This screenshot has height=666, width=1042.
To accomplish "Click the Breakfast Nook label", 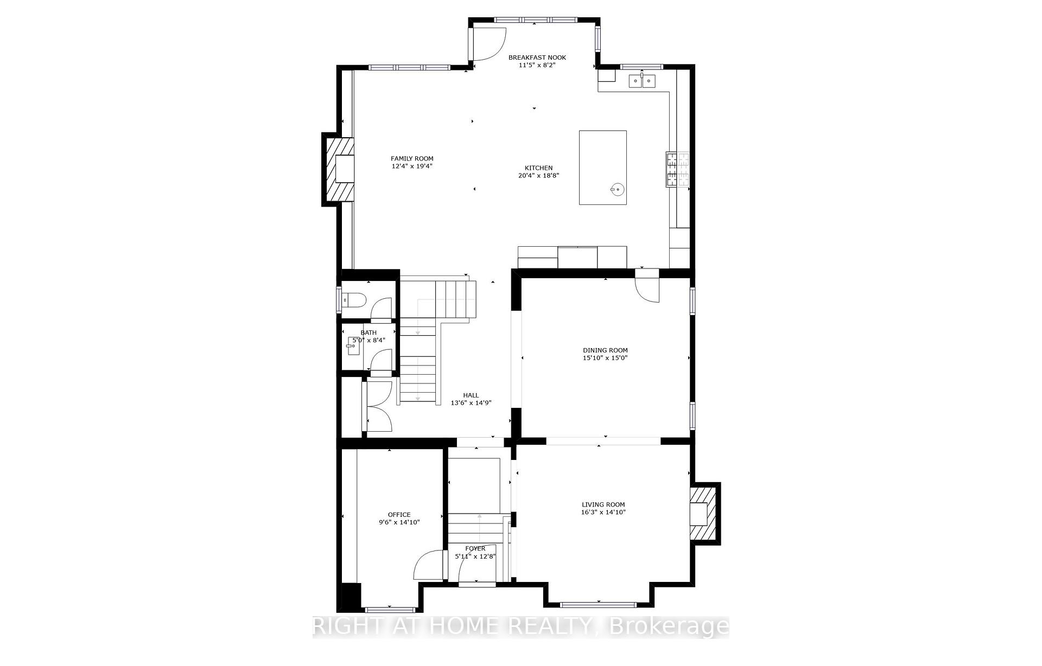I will [537, 57].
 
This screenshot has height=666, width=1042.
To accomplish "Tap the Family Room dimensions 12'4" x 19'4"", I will [412, 166].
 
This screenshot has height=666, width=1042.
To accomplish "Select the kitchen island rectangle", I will [602, 167].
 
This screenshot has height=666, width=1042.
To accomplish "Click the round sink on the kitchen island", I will [617, 189].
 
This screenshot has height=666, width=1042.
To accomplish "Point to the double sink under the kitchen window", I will [642, 81].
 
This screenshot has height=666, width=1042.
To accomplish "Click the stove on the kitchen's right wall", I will [677, 169].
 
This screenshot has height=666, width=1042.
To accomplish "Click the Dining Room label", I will [605, 350].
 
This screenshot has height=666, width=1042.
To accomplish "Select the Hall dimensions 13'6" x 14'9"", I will [471, 403].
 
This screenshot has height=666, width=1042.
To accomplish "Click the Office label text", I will [399, 515].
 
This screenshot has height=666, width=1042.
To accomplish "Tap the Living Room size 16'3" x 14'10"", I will [603, 512].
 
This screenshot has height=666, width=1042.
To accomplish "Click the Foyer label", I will [475, 549].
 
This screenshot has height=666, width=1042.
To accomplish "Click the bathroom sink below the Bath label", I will [353, 346].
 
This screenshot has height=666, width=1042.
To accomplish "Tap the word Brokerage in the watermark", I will [670, 626].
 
